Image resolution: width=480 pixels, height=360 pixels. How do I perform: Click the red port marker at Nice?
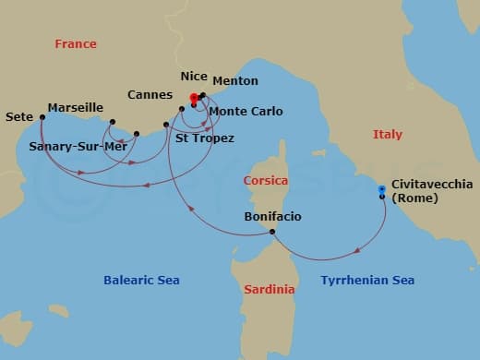[x=194, y=97]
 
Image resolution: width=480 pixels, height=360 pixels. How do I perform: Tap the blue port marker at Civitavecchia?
[x=381, y=189]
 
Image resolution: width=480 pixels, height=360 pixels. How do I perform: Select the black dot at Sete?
[x=42, y=117]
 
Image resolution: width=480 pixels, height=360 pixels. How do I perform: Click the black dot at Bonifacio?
[x=272, y=232]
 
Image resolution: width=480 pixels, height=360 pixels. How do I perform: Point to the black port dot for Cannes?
[x=182, y=109]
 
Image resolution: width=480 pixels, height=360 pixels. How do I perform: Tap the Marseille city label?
[x=75, y=108]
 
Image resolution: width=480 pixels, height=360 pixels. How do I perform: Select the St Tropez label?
[x=204, y=138]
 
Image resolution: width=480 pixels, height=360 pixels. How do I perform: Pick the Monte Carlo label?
[x=246, y=112]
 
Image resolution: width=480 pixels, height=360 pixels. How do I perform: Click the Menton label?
[x=234, y=81]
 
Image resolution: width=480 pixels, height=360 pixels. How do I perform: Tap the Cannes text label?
[x=150, y=94]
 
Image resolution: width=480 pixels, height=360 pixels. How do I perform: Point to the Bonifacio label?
[x=272, y=217]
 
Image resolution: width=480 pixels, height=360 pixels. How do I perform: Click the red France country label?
[x=76, y=43]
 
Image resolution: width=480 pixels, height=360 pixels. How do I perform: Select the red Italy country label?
[x=388, y=134]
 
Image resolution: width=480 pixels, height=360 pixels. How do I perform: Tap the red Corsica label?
[x=266, y=181]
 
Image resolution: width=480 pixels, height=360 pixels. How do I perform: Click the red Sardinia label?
[x=270, y=290]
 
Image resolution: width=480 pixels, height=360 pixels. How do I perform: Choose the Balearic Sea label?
[x=142, y=280]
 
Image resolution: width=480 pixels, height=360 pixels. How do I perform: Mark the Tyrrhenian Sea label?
[x=367, y=280]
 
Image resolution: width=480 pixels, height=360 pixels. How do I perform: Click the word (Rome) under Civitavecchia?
[x=414, y=198]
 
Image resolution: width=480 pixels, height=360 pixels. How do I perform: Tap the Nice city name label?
[x=194, y=78]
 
